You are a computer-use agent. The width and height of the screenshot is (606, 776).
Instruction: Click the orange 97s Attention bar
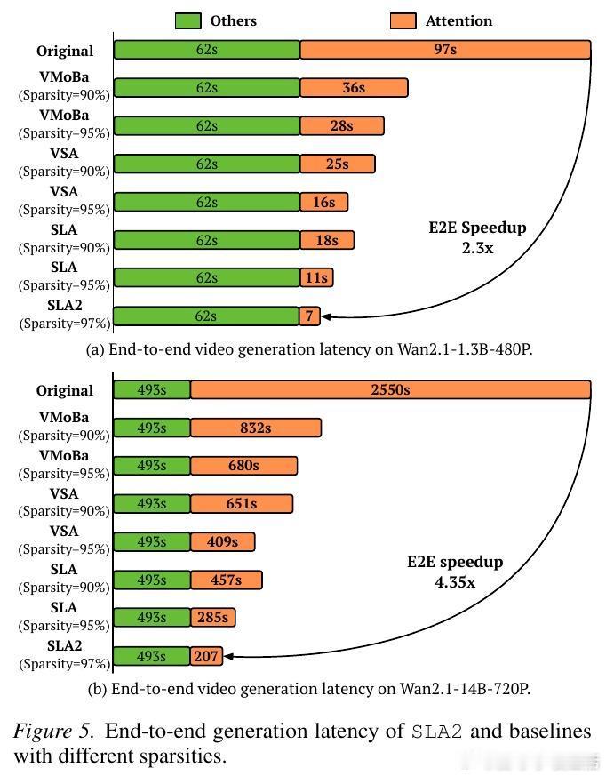(x=445, y=50)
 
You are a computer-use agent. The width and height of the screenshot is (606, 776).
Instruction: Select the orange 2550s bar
(x=390, y=389)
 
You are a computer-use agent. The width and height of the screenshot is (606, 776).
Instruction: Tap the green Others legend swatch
(x=188, y=20)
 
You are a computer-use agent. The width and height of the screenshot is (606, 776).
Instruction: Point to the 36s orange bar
(x=354, y=87)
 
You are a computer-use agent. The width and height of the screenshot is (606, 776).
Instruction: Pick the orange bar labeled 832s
(x=255, y=428)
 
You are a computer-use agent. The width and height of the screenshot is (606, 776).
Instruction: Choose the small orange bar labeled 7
(x=309, y=316)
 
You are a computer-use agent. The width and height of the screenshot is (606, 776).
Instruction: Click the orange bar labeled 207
(x=206, y=657)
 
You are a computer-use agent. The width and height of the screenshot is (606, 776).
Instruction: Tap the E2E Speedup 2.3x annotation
(x=477, y=237)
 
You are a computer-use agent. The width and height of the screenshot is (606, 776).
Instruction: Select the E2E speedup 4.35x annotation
(x=455, y=572)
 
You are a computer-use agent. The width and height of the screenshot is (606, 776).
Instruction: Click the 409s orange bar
(x=222, y=541)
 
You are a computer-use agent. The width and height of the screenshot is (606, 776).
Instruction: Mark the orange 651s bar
(x=241, y=503)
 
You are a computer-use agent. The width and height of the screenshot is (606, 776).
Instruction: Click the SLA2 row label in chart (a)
(x=65, y=306)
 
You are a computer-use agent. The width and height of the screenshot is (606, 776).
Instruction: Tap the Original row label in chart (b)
(x=65, y=390)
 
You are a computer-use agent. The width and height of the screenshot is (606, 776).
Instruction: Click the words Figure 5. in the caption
(x=52, y=732)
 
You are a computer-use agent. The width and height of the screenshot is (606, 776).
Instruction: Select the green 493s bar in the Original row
(x=152, y=389)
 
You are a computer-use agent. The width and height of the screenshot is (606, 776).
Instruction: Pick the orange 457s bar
(x=226, y=580)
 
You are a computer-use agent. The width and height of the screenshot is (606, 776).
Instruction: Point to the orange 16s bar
(x=323, y=202)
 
